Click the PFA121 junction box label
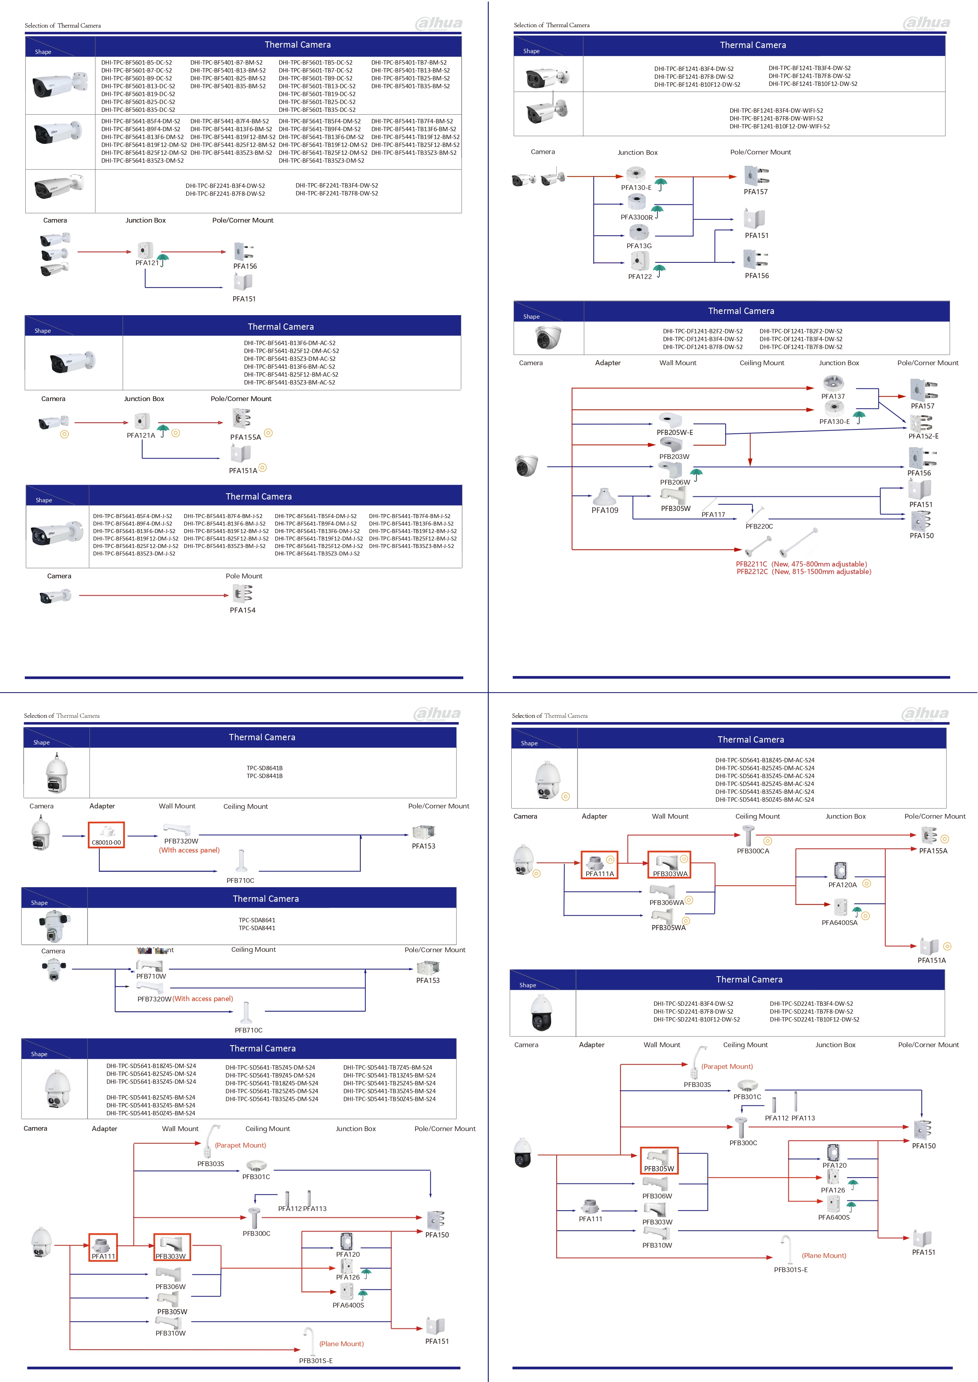[147, 263]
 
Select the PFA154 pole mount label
[243, 610]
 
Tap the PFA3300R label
[637, 217]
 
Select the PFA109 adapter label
[605, 511]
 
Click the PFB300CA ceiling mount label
[753, 851]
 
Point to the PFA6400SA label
[840, 923]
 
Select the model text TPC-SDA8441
[257, 928]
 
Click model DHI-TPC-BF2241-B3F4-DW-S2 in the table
[225, 186]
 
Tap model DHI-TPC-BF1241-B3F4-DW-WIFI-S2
[776, 111]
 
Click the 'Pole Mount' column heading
[244, 576]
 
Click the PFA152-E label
[923, 437]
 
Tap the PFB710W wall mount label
[151, 976]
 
